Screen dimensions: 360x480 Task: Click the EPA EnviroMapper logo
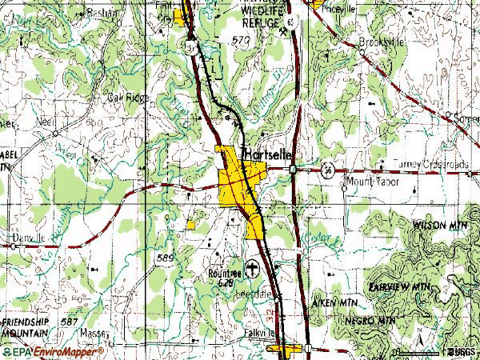click(x=52, y=351)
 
